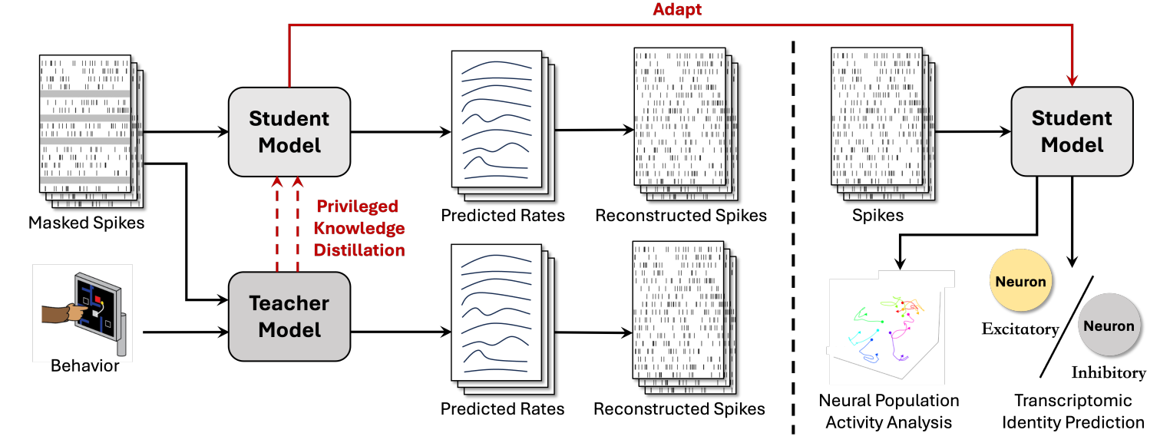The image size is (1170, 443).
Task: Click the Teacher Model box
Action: pos(289,316)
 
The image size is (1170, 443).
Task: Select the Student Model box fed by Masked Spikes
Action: pos(289,131)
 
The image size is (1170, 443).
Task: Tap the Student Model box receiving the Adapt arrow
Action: pos(1071,131)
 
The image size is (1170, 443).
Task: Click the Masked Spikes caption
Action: pos(86,223)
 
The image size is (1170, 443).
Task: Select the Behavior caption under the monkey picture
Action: pos(84,365)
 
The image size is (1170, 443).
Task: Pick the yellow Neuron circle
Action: pos(1020,282)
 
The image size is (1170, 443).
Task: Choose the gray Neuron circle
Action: pos(1109,326)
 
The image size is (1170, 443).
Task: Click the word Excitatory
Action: pos(1020,329)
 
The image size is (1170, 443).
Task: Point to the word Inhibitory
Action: pos(1108,373)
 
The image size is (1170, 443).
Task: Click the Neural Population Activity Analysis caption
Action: pos(888,412)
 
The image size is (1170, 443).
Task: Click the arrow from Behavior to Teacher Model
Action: pos(184,333)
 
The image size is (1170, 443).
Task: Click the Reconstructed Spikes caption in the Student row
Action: pos(680,216)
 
